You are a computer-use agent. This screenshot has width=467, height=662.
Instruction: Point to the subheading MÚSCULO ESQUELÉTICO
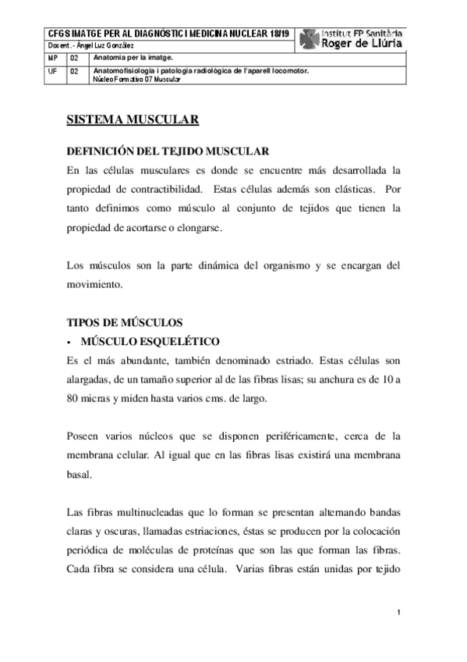[x=151, y=341]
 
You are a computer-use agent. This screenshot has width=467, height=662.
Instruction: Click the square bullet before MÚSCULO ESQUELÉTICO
[x=69, y=342]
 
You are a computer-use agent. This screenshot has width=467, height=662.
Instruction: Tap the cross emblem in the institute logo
[x=309, y=39]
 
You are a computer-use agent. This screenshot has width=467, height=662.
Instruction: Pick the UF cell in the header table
[x=52, y=71]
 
